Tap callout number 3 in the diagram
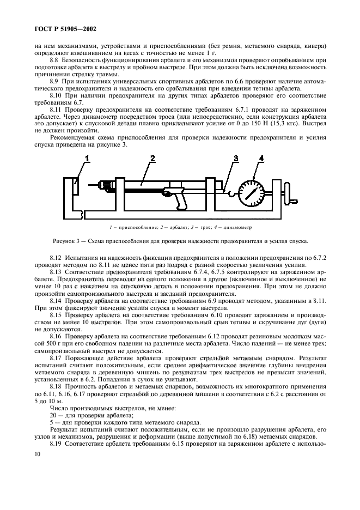tap(235, 159)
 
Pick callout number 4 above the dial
tap(261, 159)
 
